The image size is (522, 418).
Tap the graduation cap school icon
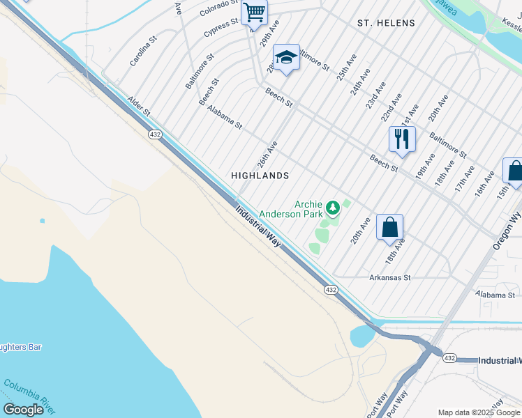[286, 58]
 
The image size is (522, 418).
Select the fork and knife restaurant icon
[402, 139]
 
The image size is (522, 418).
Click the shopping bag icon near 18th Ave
[389, 226]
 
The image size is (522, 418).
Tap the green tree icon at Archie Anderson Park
[334, 207]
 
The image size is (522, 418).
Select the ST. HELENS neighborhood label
[386, 23]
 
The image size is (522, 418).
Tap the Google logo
[23, 410]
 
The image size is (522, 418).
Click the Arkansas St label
[389, 277]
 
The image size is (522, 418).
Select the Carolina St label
[144, 51]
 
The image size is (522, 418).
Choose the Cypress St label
[221, 28]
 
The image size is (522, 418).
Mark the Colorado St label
[218, 8]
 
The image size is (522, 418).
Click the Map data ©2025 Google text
[479, 412]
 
